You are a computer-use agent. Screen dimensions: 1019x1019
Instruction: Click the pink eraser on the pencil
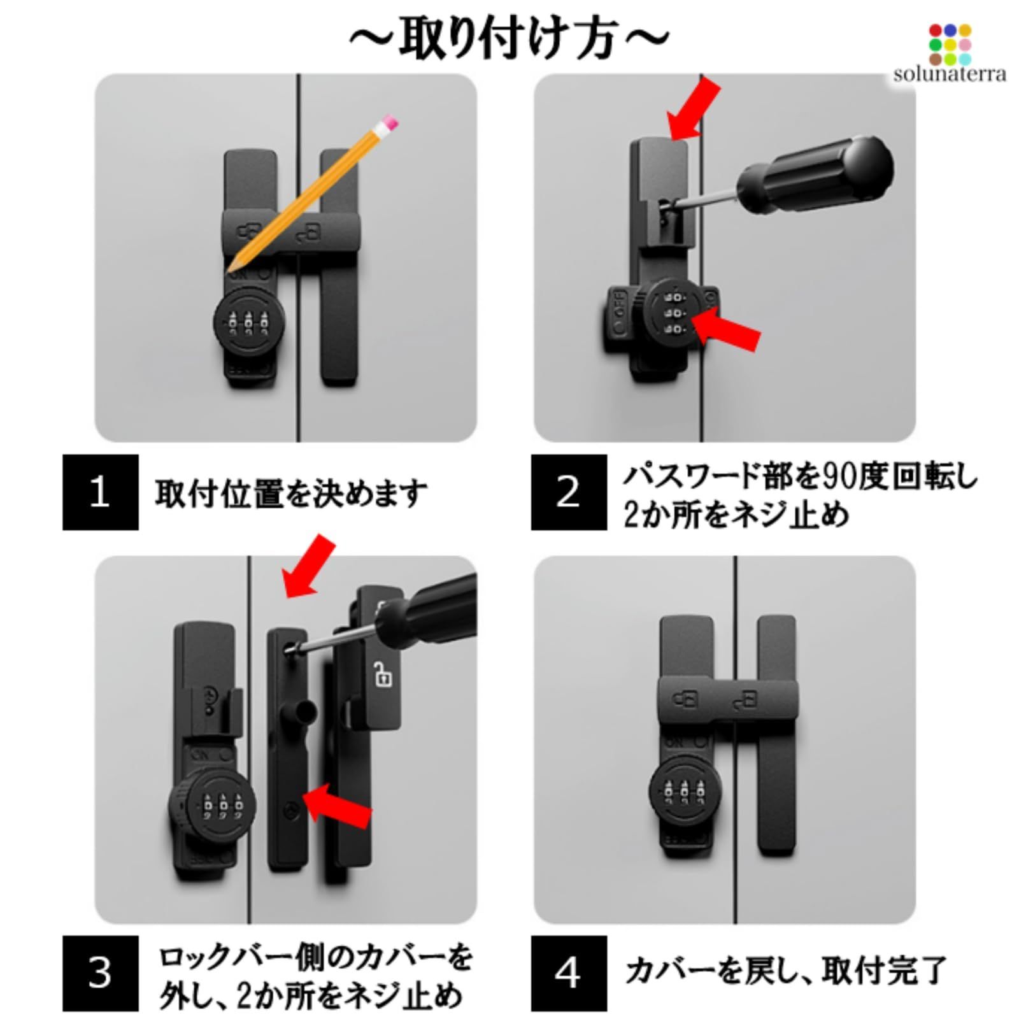(x=388, y=122)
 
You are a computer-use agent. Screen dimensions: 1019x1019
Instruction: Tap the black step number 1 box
(x=100, y=492)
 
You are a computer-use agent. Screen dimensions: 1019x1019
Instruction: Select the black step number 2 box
(x=569, y=492)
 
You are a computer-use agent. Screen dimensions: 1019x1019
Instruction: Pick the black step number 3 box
(x=100, y=973)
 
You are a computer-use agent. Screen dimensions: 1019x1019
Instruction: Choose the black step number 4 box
(x=569, y=973)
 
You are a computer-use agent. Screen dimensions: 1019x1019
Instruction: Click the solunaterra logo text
(x=950, y=74)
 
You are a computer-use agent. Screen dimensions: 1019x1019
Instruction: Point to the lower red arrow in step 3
(x=338, y=806)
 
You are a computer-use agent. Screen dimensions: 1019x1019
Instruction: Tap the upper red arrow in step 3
(x=308, y=566)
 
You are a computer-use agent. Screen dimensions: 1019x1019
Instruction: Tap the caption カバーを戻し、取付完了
(x=785, y=972)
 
